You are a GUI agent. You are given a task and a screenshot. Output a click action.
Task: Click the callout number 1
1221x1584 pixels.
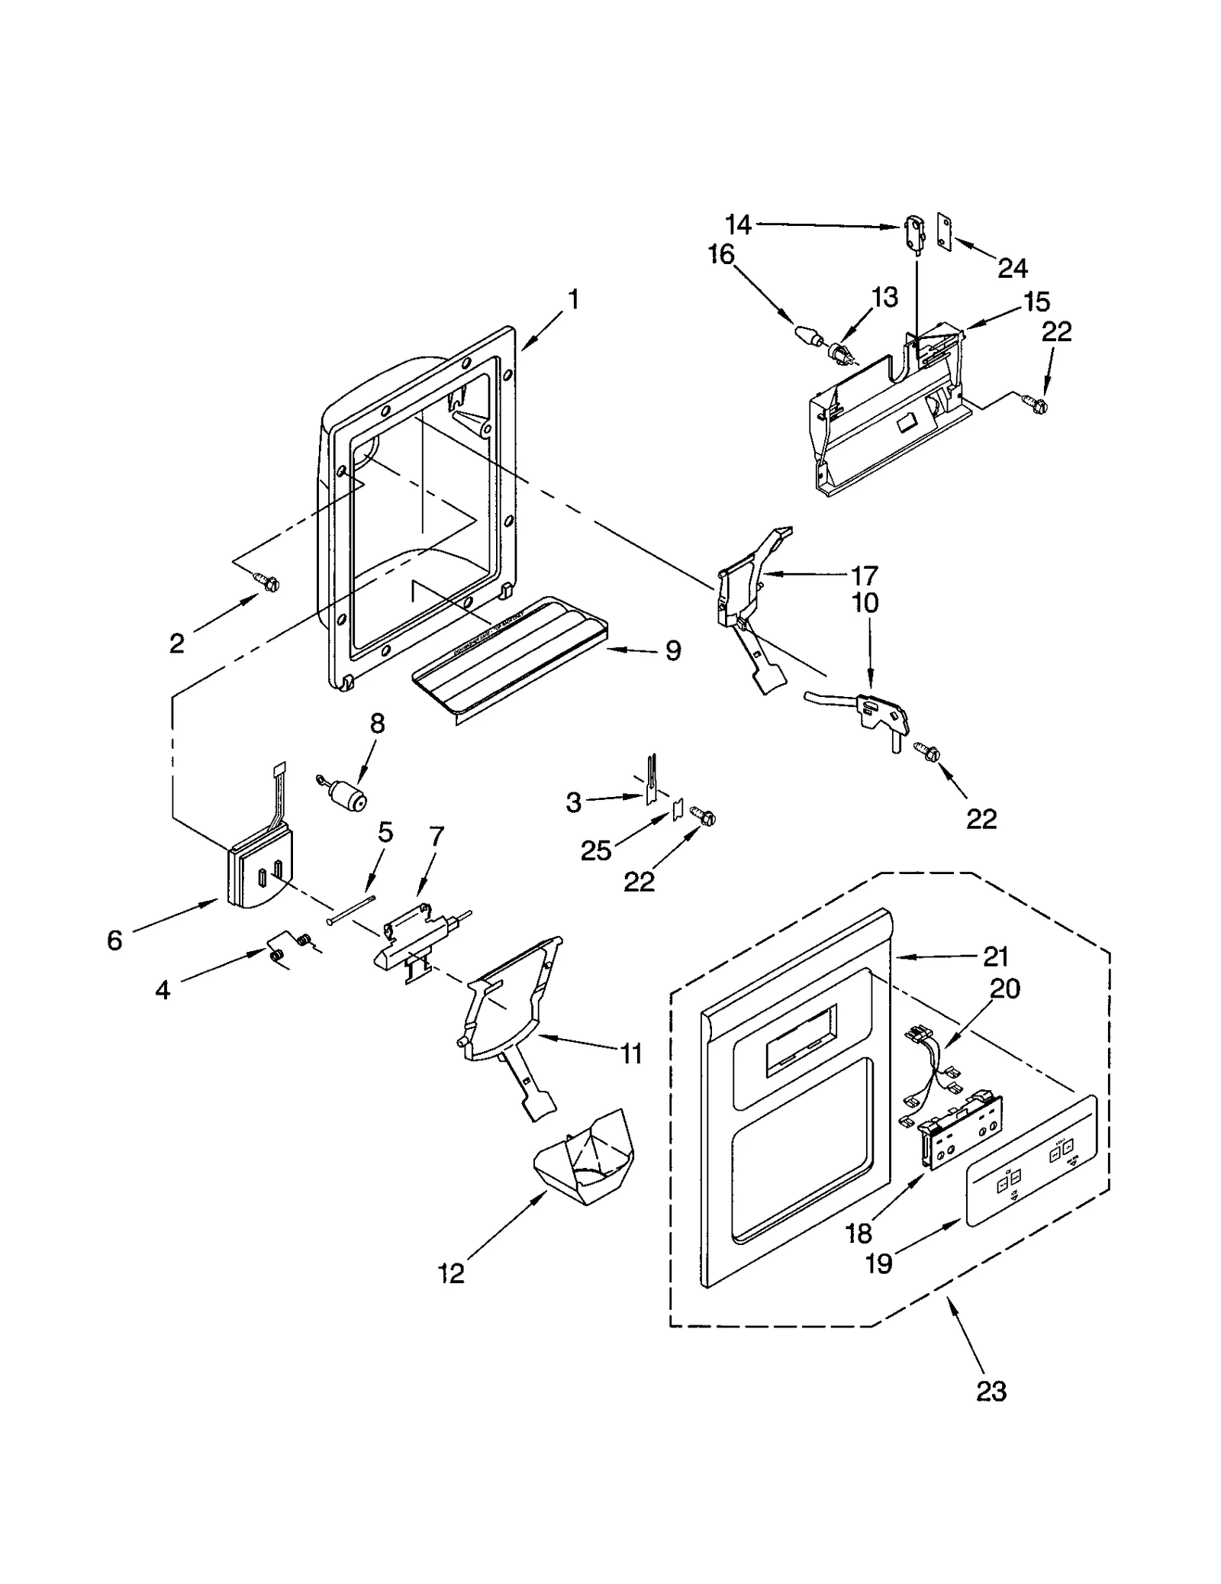[x=573, y=298]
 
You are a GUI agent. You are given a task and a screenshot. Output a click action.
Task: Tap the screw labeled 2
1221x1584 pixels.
[x=269, y=583]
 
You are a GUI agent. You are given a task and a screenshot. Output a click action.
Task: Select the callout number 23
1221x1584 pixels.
[x=991, y=1391]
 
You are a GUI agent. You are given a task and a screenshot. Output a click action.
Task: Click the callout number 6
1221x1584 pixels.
[x=114, y=940]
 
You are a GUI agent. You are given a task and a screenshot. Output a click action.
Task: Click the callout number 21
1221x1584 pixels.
[x=997, y=956]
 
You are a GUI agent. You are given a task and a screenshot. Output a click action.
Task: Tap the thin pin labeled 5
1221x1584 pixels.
[x=353, y=910]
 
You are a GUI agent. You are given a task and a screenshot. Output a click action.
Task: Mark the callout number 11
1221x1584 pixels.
[x=631, y=1054]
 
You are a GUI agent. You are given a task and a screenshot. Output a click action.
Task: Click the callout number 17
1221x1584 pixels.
[x=865, y=574]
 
